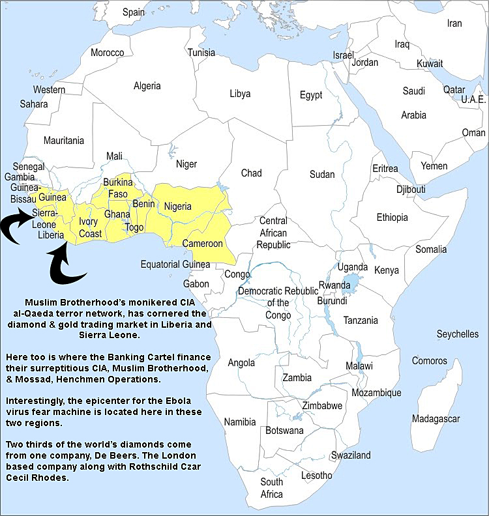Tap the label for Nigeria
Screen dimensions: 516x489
[177, 207]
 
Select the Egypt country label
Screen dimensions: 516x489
[310, 95]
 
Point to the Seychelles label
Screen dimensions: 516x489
[457, 334]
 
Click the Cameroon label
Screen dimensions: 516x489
[202, 244]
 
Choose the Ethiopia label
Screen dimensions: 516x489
[392, 217]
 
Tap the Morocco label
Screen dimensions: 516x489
[107, 52]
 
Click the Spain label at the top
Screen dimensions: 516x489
[134, 12]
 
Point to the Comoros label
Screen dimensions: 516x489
[429, 361]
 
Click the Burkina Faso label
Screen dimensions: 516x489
[118, 188]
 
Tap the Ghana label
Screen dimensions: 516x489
[117, 214]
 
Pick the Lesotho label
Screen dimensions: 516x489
[316, 476]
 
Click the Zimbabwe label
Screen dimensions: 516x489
[322, 405]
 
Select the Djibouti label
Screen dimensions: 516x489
[410, 189]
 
